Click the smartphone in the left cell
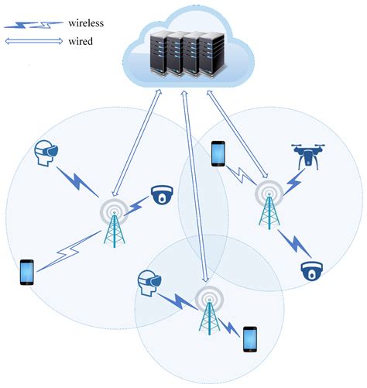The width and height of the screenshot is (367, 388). pyautogui.click(x=27, y=272)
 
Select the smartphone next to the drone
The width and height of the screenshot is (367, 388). pyautogui.click(x=219, y=154)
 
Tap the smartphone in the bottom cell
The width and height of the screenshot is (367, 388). pyautogui.click(x=249, y=339)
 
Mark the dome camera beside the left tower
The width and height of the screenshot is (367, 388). pyautogui.click(x=162, y=194)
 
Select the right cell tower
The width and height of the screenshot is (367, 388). pyautogui.click(x=271, y=203)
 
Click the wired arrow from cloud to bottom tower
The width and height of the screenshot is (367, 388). pyautogui.click(x=194, y=186)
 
